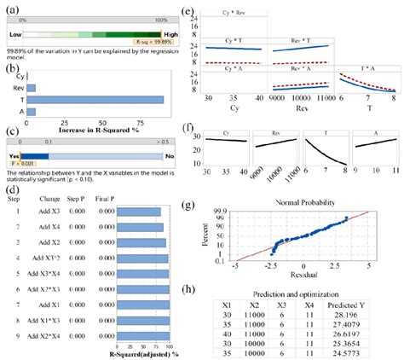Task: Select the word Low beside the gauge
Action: click(x=15, y=33)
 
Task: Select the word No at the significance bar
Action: click(x=169, y=156)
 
